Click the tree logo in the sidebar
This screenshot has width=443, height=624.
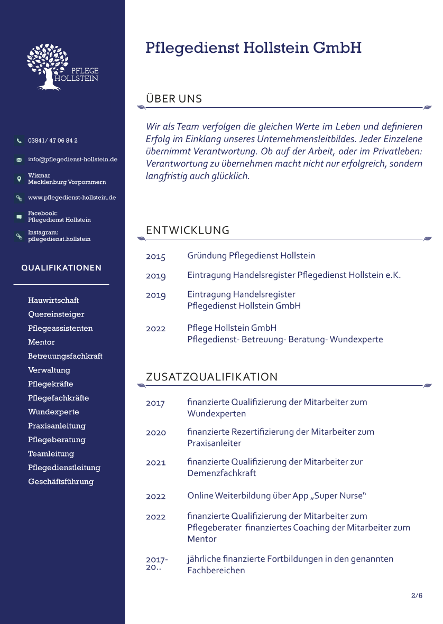click(x=49, y=66)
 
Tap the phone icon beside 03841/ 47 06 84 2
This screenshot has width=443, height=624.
click(x=19, y=141)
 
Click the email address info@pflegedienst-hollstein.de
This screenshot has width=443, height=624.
click(x=72, y=159)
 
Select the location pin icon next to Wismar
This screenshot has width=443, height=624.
click(x=19, y=179)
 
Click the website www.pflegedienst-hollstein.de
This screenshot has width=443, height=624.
click(x=72, y=198)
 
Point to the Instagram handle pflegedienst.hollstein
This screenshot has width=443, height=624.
click(x=59, y=239)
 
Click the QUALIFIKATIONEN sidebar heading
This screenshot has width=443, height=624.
click(x=61, y=268)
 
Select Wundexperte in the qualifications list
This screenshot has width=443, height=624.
click(x=53, y=412)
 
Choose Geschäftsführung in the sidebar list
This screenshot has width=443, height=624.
click(x=61, y=482)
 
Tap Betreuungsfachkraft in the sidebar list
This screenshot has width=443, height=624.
click(x=65, y=356)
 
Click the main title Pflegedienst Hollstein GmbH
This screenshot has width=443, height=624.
click(x=253, y=48)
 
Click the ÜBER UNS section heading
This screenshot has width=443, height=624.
click(x=174, y=99)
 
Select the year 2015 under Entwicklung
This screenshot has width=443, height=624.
click(x=155, y=257)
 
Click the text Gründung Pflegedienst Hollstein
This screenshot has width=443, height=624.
click(x=251, y=256)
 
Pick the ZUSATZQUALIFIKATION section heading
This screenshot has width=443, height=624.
click(x=211, y=377)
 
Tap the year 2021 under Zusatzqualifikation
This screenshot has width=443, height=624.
click(x=155, y=463)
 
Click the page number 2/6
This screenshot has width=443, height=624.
click(x=417, y=595)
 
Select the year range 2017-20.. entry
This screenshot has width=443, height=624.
click(x=156, y=563)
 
